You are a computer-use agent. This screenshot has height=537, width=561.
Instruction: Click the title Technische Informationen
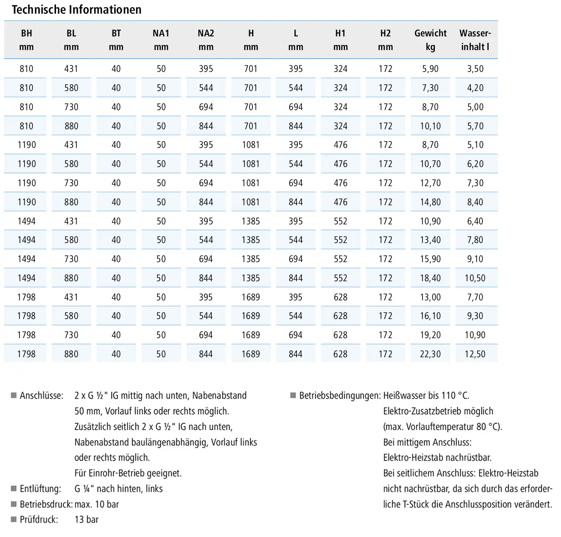pyautogui.click(x=76, y=10)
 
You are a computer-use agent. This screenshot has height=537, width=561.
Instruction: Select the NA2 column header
pyautogui.click(x=206, y=40)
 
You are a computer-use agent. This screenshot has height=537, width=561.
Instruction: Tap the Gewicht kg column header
pyautogui.click(x=430, y=40)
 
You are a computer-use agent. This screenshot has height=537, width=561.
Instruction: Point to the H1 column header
pyautogui.click(x=341, y=40)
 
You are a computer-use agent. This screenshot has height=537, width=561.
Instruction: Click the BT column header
pyautogui.click(x=116, y=40)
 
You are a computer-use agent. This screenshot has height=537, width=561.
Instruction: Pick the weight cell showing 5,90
pyautogui.click(x=430, y=69)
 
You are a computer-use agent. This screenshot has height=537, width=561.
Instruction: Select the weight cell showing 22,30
pyautogui.click(x=430, y=354)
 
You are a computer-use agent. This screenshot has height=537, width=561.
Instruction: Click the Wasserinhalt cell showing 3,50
pyautogui.click(x=475, y=69)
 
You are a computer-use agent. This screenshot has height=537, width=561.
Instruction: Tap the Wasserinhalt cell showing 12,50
pyautogui.click(x=475, y=354)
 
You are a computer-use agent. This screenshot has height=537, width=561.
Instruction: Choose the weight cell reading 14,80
pyautogui.click(x=430, y=202)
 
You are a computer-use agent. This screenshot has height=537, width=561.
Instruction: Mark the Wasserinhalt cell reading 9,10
pyautogui.click(x=475, y=258)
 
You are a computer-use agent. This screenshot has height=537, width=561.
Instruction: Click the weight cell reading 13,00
pyautogui.click(x=430, y=297)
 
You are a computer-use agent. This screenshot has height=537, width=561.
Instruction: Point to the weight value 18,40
pyautogui.click(x=430, y=278)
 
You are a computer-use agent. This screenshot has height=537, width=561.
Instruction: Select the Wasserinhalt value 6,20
pyautogui.click(x=475, y=164)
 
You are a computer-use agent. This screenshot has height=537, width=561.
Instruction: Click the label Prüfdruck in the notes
pyautogui.click(x=39, y=520)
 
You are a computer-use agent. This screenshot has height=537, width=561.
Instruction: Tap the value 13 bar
pyautogui.click(x=87, y=520)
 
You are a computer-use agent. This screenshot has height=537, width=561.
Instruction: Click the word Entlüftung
pyautogui.click(x=41, y=489)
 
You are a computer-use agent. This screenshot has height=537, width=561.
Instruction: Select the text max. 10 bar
pyautogui.click(x=97, y=504)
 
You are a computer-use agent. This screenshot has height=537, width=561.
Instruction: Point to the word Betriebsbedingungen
pyautogui.click(x=340, y=396)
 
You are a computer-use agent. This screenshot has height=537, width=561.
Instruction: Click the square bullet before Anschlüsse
pyautogui.click(x=14, y=395)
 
